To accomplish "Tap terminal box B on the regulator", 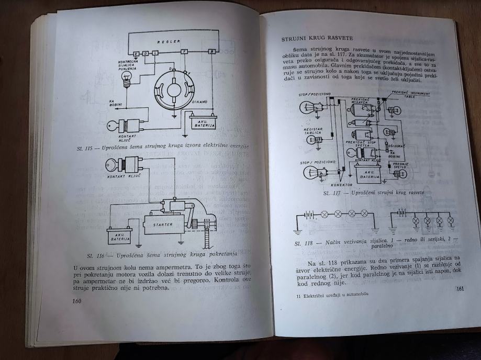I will pyautogui.click(x=211, y=52).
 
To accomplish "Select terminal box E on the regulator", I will pyautogui.click(x=136, y=53).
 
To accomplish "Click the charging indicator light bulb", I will pyautogui.click(x=125, y=78).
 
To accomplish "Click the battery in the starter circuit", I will pyautogui.click(x=119, y=235).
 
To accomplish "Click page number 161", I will pyautogui.click(x=460, y=288).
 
